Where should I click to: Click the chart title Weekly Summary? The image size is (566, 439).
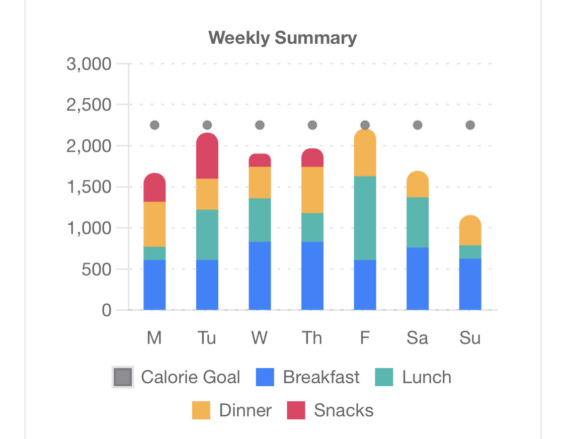283,38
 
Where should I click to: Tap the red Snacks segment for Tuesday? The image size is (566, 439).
207,156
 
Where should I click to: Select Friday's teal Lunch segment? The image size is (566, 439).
365,218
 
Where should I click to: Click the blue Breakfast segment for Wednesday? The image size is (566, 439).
260,276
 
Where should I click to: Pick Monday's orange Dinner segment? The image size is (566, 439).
154,224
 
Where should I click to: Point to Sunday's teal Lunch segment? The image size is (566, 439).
470,252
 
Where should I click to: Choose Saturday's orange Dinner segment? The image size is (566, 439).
418,185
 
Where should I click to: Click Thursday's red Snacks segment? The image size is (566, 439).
312,158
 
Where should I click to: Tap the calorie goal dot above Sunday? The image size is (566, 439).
470,125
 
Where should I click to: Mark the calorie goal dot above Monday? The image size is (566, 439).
154,125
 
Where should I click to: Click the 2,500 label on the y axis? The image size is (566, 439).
89,105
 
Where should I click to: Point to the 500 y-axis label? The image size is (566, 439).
96,269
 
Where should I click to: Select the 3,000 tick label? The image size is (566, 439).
89,64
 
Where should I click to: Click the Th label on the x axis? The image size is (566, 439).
312,338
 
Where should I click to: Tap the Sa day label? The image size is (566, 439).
418,338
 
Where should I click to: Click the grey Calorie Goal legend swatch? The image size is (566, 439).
123,377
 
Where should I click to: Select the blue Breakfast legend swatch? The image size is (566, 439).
265,377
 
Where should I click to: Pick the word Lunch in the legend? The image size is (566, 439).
427,377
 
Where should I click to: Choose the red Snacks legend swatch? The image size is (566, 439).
296,410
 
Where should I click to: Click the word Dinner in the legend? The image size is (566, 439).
246,410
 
